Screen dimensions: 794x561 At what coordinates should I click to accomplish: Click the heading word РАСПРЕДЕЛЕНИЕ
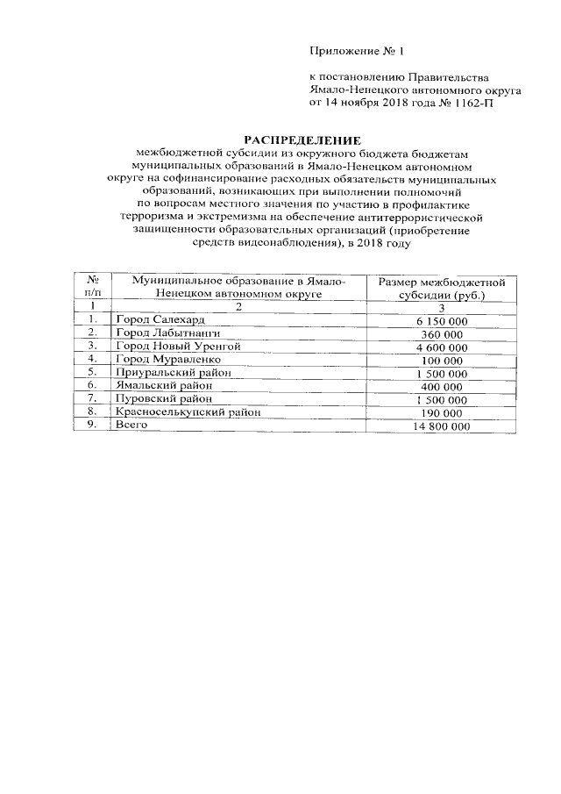tap(302, 139)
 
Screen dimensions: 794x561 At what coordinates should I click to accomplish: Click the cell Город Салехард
tap(159, 320)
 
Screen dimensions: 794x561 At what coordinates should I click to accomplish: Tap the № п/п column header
tap(92, 287)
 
